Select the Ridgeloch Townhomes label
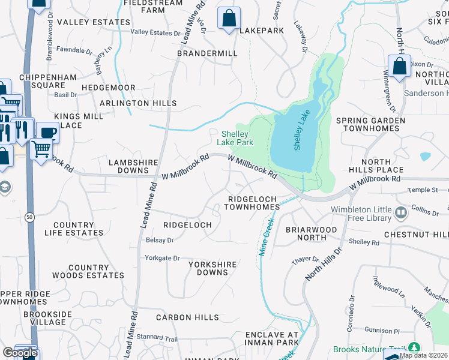(x=252, y=203)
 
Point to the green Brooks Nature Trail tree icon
(x=414, y=348)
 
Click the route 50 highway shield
(x=29, y=216)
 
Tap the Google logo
(x=20, y=353)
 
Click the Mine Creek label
(x=266, y=237)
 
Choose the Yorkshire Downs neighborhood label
(x=208, y=268)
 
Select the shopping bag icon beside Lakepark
(x=229, y=19)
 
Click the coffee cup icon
(x=47, y=132)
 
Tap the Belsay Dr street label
(x=159, y=240)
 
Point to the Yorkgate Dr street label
(x=162, y=258)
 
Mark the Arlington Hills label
(x=138, y=103)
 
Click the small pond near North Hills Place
(x=425, y=157)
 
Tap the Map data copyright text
(x=423, y=355)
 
